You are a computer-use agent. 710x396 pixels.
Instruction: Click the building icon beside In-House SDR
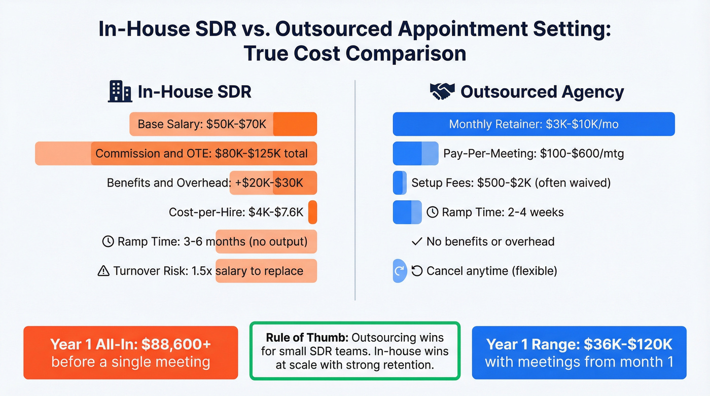pyautogui.click(x=120, y=92)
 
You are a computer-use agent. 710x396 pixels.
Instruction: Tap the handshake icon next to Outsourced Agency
pyautogui.click(x=442, y=92)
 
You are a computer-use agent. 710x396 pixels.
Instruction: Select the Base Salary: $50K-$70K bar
pyautogui.click(x=223, y=124)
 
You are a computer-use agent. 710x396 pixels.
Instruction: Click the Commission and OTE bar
pyautogui.click(x=176, y=154)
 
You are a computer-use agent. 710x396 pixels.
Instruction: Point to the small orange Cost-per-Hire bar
pyautogui.click(x=312, y=212)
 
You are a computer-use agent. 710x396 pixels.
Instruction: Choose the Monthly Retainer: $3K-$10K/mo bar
pyautogui.click(x=534, y=124)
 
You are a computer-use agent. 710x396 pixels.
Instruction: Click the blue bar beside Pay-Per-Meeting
pyautogui.click(x=415, y=154)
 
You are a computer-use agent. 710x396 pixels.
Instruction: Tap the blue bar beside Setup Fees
pyautogui.click(x=400, y=183)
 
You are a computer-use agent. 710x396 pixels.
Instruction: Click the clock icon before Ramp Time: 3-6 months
pyautogui.click(x=108, y=241)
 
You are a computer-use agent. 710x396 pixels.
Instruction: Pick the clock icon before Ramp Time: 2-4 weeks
pyautogui.click(x=433, y=212)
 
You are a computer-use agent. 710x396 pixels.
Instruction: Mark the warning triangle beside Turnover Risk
pyautogui.click(x=103, y=271)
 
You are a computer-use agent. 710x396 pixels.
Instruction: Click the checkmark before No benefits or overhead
pyautogui.click(x=417, y=241)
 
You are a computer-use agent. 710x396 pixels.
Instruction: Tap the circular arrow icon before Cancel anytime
pyautogui.click(x=417, y=271)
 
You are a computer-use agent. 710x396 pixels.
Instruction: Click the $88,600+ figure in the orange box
pyautogui.click(x=176, y=344)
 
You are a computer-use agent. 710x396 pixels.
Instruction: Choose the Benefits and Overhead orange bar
pyautogui.click(x=273, y=183)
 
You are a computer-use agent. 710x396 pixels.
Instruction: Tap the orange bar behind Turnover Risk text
pyautogui.click(x=266, y=271)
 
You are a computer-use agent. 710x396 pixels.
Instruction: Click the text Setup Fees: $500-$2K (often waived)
pyautogui.click(x=511, y=183)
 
